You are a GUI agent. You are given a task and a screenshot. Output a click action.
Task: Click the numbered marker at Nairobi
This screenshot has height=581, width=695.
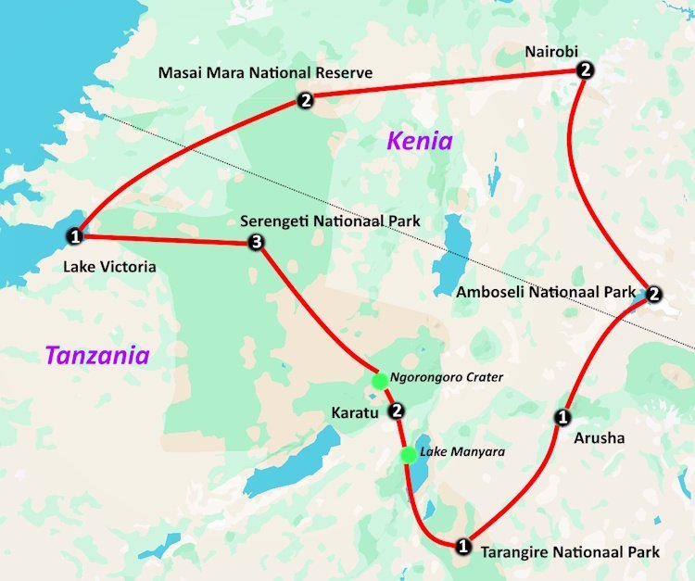pos(584,70)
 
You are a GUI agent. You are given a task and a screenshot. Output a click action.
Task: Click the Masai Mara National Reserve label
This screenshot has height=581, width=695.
pos(265,72)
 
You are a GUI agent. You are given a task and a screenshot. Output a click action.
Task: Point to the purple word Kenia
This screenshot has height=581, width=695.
pos(420,141)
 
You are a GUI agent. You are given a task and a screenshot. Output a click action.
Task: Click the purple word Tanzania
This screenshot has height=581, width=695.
pos(97,354)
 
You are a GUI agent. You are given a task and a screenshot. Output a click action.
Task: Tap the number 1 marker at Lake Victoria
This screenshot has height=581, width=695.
pos(76,236)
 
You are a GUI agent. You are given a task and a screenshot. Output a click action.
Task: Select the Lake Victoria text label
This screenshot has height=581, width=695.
pos(110,267)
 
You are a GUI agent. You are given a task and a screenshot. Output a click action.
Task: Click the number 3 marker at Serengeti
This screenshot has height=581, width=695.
pos(257,244)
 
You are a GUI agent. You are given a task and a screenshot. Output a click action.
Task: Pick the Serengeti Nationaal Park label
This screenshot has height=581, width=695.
pos(330,221)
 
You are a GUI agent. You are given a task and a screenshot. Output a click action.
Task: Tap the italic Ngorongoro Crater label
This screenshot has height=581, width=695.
pos(447,377)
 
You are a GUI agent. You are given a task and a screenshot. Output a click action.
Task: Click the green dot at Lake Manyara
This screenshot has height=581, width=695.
pos(408,454)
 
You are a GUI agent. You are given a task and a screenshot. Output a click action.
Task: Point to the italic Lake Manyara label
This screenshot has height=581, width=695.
pos(457,453)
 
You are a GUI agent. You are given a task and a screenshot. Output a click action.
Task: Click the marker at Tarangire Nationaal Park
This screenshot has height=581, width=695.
pos(463,546)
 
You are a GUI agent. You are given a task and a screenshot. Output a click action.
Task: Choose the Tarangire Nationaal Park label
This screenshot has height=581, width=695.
pos(570,552)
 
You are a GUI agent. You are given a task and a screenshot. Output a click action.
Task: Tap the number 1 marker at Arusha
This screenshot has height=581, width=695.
pos(562,417)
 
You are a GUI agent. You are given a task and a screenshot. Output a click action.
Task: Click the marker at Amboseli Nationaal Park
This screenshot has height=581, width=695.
pos(653,295)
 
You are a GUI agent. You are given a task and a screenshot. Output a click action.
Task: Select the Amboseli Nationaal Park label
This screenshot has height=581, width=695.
pos(547,292)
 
